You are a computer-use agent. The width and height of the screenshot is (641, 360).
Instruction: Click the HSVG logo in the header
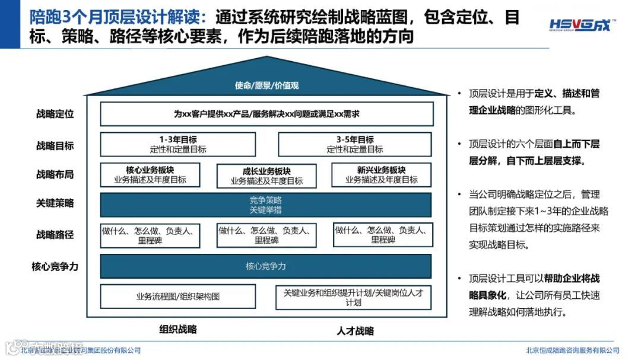coord(582,26)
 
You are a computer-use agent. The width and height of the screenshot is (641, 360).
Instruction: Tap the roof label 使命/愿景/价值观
coord(266,85)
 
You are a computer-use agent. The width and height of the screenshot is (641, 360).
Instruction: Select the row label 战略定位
coord(55,114)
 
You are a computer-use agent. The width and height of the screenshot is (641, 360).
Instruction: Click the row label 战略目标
coord(55,145)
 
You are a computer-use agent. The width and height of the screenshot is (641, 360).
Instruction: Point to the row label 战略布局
coord(55,174)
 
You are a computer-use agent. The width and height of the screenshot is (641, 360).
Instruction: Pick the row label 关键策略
coord(55,203)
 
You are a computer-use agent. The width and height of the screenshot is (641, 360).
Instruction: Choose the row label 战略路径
coord(55,234)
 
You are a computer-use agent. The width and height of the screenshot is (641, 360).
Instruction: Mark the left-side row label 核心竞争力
coord(55,266)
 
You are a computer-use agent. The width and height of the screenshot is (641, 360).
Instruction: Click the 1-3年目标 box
coord(178,145)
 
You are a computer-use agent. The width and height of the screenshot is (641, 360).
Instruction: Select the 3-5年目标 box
coord(355,145)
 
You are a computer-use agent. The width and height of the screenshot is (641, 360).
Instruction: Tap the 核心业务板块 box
coord(150,176)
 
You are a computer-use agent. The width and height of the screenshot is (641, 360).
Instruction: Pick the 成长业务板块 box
coord(266,176)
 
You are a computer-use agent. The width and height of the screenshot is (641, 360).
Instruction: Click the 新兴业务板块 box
coord(383,176)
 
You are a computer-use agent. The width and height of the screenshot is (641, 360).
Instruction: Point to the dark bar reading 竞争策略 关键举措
coord(266,205)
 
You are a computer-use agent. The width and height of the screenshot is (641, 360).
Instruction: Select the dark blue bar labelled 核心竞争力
coord(266,266)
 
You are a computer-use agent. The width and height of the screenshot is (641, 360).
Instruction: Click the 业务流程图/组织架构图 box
coord(178,297)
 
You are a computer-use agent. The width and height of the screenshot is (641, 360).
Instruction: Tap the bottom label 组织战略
coord(178,330)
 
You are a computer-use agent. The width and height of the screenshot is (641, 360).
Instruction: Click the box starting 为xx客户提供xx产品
coord(266,114)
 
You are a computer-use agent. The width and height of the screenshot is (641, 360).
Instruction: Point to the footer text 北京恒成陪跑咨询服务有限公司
coord(572,350)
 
